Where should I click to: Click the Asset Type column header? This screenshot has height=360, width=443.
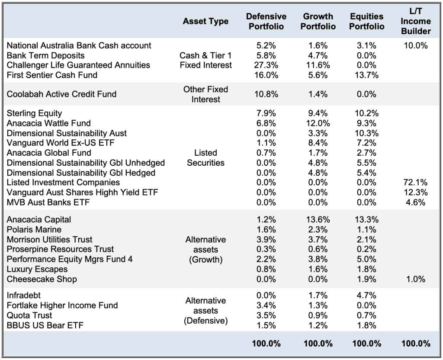(205, 21)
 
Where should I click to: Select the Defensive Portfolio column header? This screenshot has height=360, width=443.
(266, 21)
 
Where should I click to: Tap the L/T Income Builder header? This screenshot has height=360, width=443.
(416, 21)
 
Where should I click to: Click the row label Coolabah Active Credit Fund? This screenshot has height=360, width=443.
(61, 94)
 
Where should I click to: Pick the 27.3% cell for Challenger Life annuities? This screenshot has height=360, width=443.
(266, 65)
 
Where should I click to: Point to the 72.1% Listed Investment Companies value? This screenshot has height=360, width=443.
(416, 182)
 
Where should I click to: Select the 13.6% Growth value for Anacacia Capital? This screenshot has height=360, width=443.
(318, 219)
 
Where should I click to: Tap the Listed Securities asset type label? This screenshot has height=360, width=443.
(205, 157)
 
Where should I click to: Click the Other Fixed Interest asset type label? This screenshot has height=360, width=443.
(205, 94)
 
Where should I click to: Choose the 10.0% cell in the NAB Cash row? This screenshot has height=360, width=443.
(416, 45)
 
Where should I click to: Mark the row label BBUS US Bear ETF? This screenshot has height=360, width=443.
(45, 325)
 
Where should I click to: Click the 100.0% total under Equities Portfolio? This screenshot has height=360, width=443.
(366, 344)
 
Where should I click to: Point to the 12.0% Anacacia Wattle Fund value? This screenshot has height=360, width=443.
(318, 123)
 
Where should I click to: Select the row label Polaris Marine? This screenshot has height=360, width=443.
(34, 229)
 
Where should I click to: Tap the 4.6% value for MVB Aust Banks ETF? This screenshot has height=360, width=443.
(416, 202)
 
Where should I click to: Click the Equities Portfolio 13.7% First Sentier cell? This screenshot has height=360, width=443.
(366, 75)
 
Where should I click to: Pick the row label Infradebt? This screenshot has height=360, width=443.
(23, 295)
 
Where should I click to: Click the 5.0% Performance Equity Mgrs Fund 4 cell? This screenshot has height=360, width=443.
(366, 259)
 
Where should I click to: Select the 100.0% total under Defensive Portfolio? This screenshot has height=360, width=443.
(266, 344)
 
